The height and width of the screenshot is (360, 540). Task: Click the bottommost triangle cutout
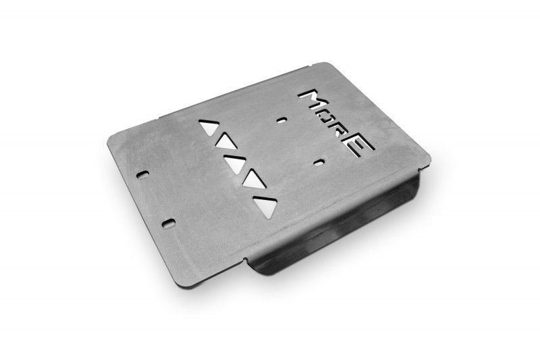click(265, 206)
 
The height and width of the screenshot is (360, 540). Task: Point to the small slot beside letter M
click(282, 120)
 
